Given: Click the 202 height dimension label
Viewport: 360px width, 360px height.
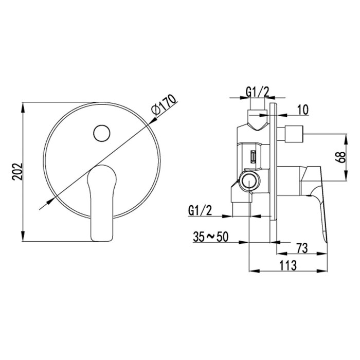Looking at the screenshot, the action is (x=17, y=172).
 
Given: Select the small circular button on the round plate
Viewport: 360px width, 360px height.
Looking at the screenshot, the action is (x=102, y=133).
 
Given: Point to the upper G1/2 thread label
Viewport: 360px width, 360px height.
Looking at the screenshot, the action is (x=257, y=92).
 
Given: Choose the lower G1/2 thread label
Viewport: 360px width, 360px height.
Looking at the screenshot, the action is (x=200, y=210).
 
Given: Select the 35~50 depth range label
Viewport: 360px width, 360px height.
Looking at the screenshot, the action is (x=211, y=237).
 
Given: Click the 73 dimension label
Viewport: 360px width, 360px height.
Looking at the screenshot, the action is (x=302, y=248).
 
